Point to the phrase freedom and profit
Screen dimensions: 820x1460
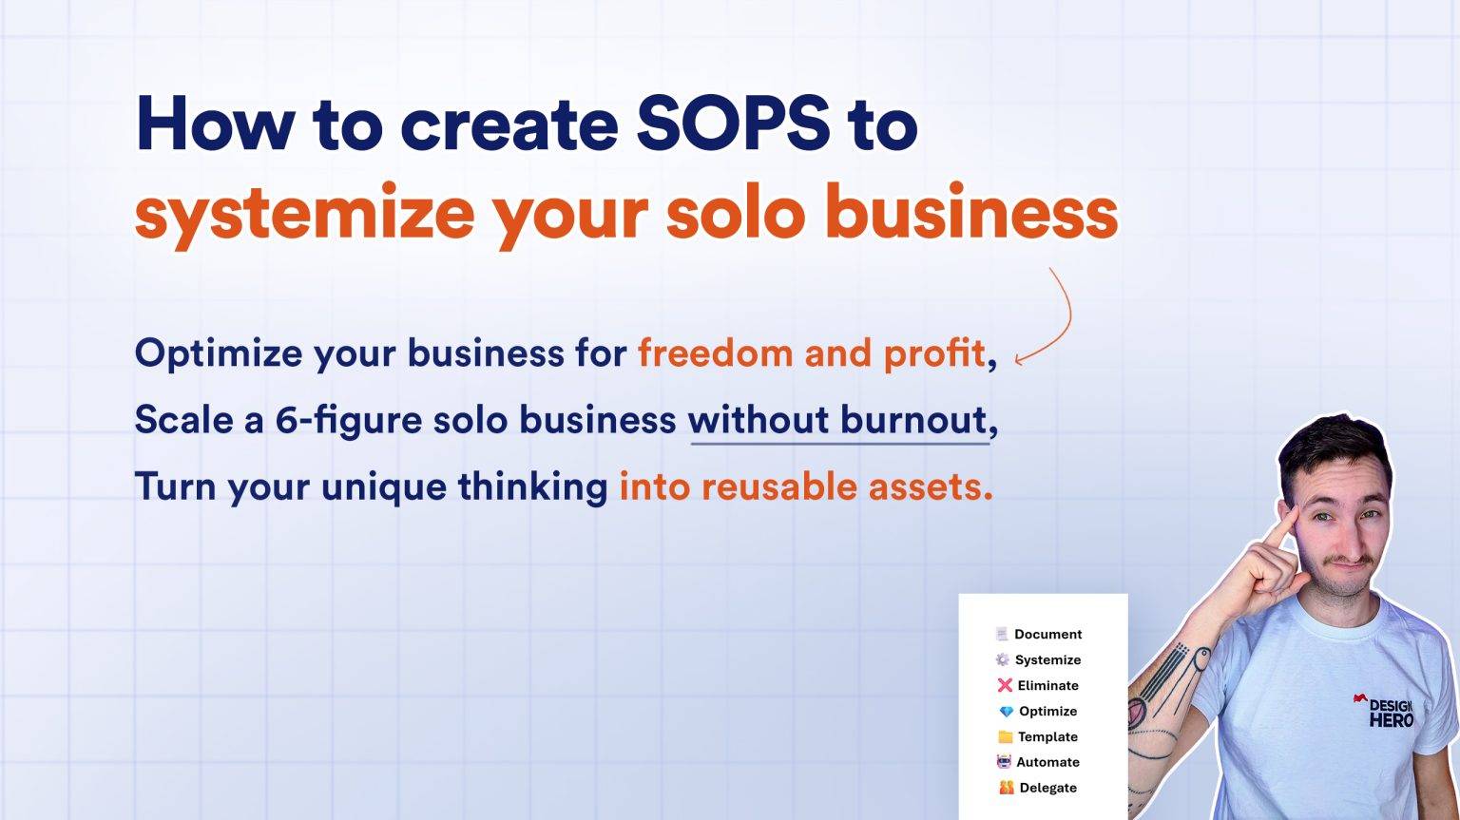pos(811,353)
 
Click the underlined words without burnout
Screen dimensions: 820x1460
pos(837,420)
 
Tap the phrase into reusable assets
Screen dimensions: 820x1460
pos(805,486)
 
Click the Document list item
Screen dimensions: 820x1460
pos(1047,634)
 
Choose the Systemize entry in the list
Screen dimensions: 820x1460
pos(1047,659)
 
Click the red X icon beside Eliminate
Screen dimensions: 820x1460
pos(1004,685)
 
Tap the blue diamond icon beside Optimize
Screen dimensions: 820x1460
pos(1006,711)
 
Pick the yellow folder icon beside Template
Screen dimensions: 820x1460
pos(1005,736)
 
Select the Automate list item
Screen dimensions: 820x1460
pos(1047,762)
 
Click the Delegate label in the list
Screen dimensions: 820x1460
pos(1047,788)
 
